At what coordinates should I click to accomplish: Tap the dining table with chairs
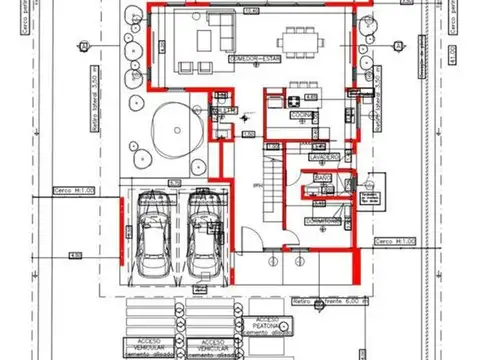pyautogui.click(x=300, y=41)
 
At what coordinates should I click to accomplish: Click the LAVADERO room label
pyautogui.click(x=324, y=158)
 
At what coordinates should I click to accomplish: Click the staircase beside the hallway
pyautogui.click(x=271, y=180)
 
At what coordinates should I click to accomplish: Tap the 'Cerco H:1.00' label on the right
pyautogui.click(x=390, y=242)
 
